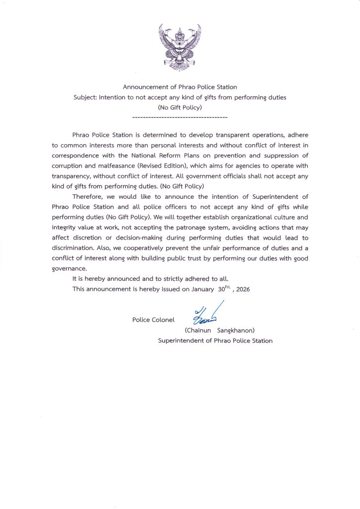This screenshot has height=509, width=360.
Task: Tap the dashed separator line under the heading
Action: pos(180,117)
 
